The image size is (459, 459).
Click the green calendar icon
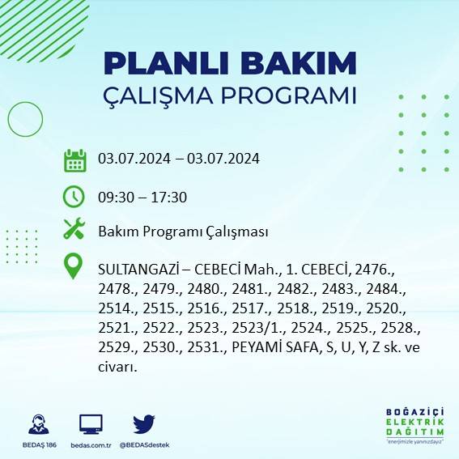pos(74,159)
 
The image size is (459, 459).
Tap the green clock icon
pos(74,196)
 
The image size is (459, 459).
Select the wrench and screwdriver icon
pos(74,229)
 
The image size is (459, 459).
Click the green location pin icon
pos(74,266)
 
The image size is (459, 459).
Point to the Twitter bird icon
pos(144,423)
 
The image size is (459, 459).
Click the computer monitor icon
pos(91,423)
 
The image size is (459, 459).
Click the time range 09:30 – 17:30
pos(142,196)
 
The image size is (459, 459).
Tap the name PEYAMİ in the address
pos(257,347)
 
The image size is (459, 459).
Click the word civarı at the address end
pos(117,367)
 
